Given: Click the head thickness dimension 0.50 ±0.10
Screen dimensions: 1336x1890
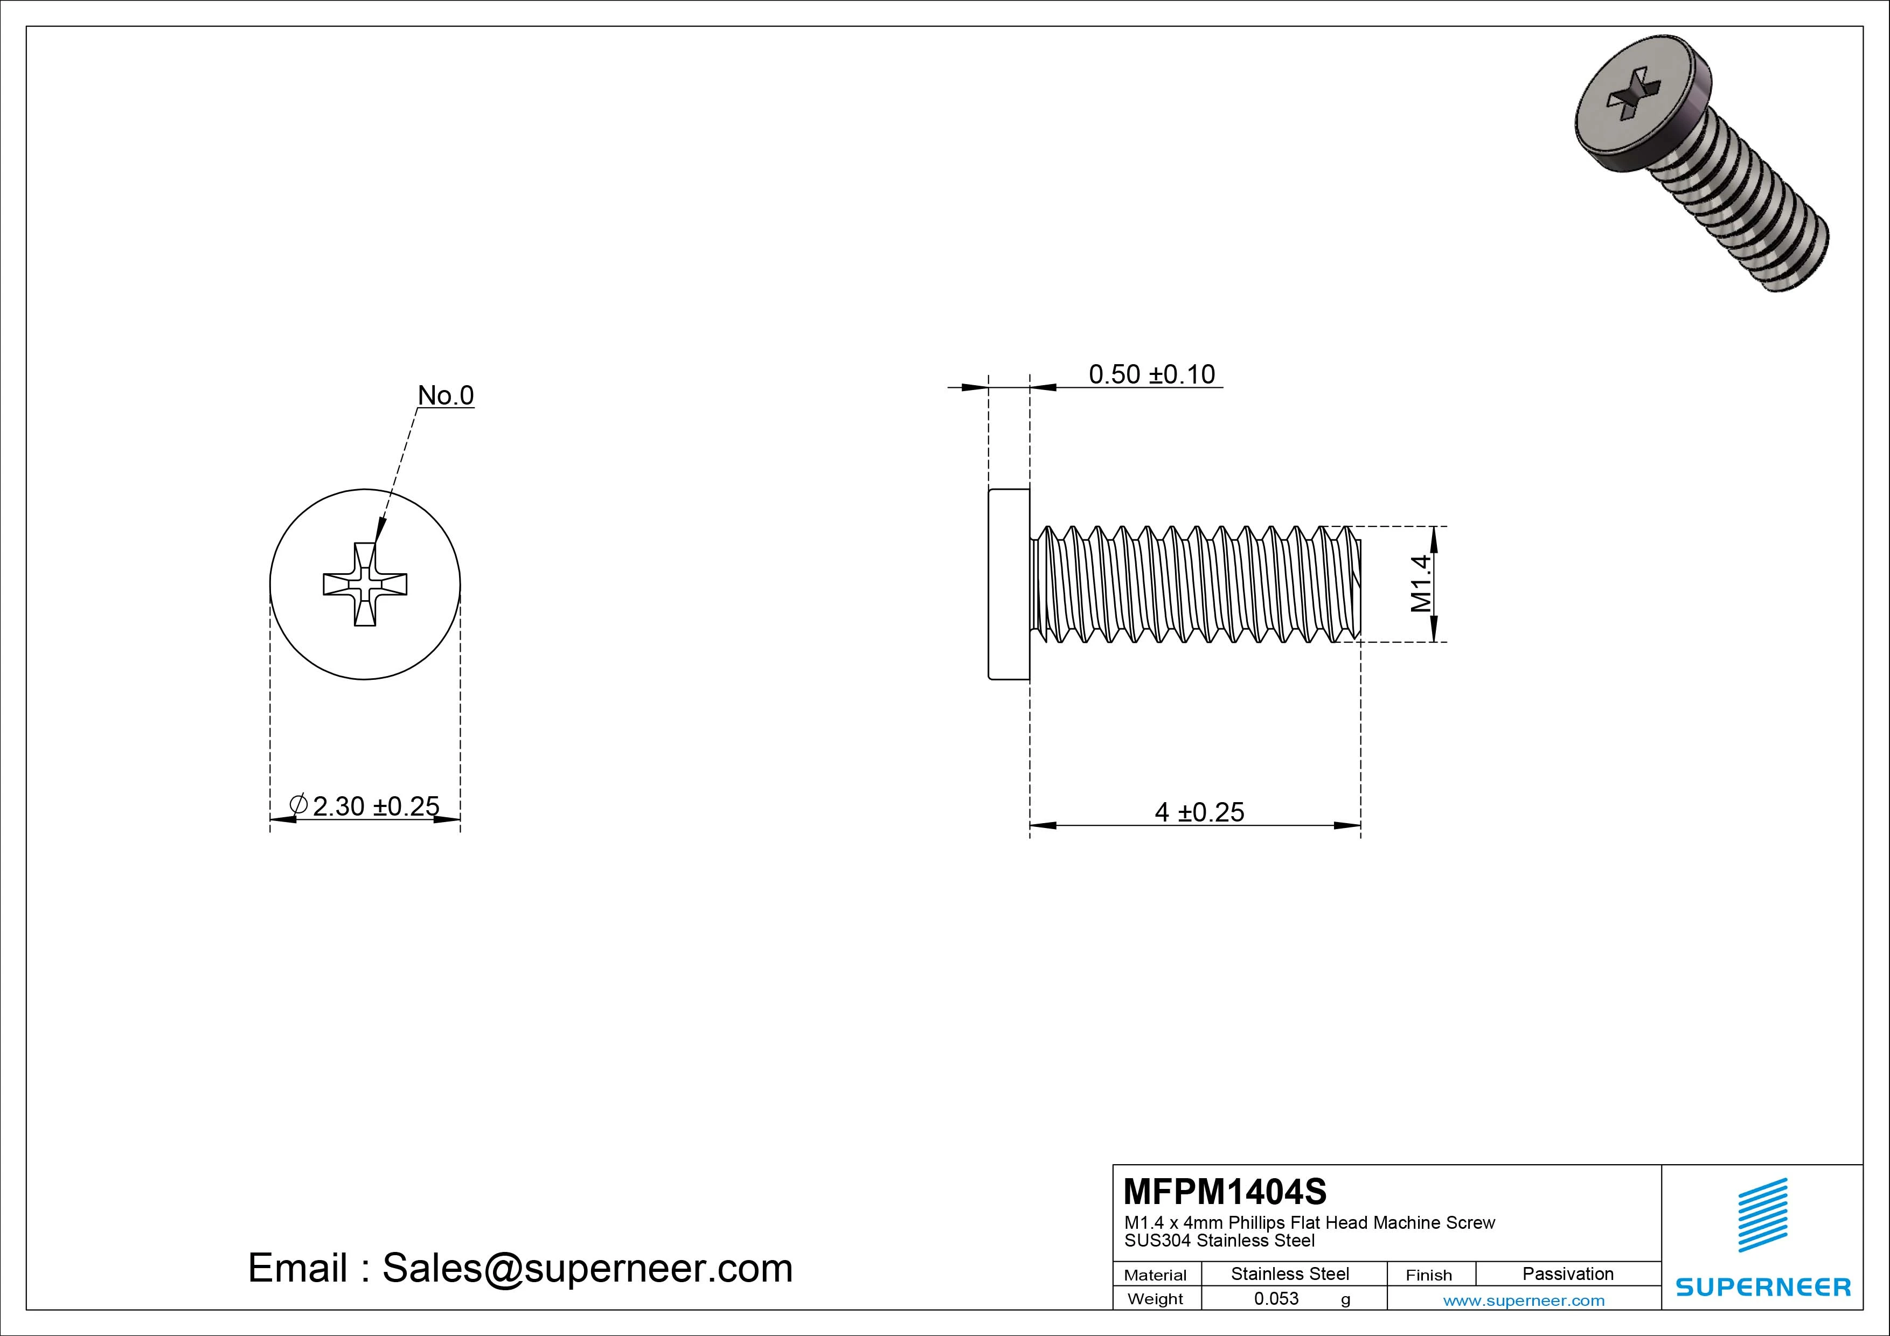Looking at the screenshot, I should [x=1151, y=374].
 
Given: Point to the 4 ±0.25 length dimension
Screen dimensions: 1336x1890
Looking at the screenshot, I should [x=1199, y=812].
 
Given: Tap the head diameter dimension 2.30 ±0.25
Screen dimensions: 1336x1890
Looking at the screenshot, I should [x=376, y=806].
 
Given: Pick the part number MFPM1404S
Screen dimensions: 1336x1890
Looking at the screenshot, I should [x=1225, y=1191].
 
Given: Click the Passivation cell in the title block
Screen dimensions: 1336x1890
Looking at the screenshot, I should [x=1567, y=1274].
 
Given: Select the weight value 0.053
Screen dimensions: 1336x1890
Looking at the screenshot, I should [x=1276, y=1298].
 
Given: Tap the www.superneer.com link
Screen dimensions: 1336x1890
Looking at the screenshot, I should [x=1524, y=1300].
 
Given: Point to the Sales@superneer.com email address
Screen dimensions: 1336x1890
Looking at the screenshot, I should [x=587, y=1268].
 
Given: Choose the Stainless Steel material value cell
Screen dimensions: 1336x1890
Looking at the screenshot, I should [x=1289, y=1274].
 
